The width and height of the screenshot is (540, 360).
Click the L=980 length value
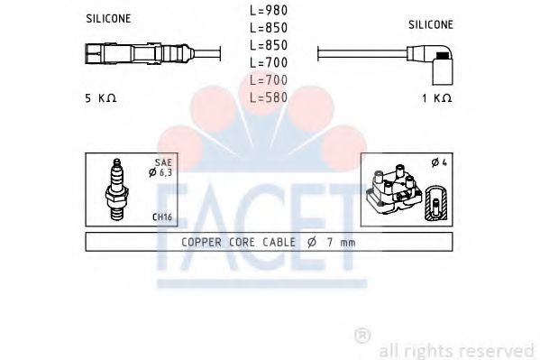click(270, 11)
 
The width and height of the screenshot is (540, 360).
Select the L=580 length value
click(270, 97)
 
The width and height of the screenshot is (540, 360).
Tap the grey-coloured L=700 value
click(270, 80)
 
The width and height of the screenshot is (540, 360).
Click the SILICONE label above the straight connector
click(108, 18)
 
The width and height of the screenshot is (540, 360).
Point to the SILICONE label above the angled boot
click(432, 24)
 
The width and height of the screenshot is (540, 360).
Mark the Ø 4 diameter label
click(440, 163)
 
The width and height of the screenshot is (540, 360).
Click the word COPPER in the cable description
click(204, 243)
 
